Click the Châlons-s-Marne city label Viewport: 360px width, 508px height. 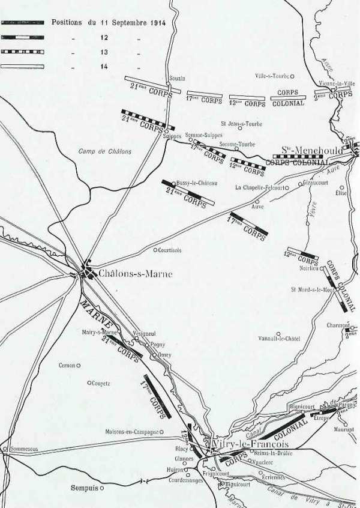tap(135, 274)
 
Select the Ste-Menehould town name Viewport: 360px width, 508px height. tap(312, 150)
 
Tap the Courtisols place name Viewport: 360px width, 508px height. tap(174, 250)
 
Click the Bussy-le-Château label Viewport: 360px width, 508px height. tap(197, 183)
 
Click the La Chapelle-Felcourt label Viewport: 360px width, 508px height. tap(259, 187)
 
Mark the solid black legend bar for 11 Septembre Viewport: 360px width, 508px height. tap(23, 22)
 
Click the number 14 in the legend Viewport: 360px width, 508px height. tap(104, 66)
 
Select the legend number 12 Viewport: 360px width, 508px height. tap(104, 37)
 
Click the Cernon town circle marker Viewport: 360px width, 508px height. tap(78, 365)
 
